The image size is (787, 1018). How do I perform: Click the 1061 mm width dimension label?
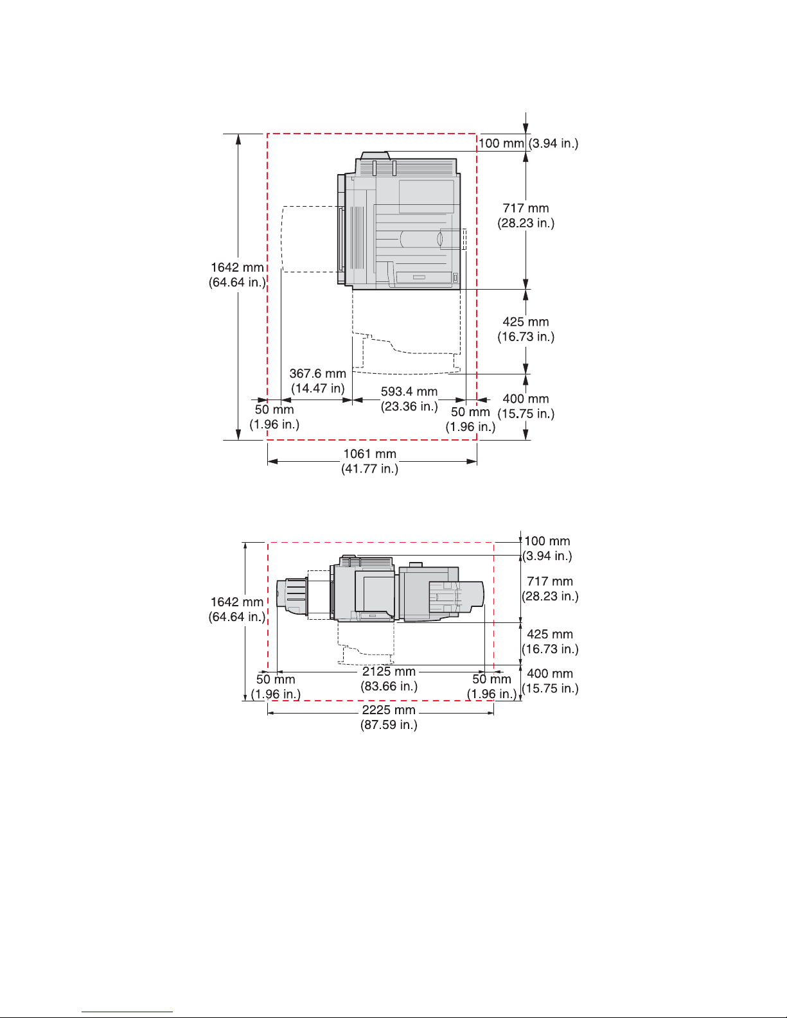pyautogui.click(x=369, y=454)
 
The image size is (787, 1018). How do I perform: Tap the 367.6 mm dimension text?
pyautogui.click(x=317, y=373)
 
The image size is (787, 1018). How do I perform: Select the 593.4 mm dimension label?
pyautogui.click(x=409, y=391)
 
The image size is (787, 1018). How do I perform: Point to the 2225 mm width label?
pyautogui.click(x=389, y=710)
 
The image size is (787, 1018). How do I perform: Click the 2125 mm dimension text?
pyautogui.click(x=389, y=671)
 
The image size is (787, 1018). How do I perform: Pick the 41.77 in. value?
pyautogui.click(x=369, y=468)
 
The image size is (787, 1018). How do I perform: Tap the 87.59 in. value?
pyautogui.click(x=389, y=724)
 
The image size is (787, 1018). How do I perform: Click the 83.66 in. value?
pyautogui.click(x=389, y=687)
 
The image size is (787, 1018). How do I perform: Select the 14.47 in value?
pyautogui.click(x=317, y=389)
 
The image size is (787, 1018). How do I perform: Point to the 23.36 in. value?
pyautogui.click(x=409, y=406)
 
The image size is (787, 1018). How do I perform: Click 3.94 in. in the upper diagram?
pyautogui.click(x=553, y=143)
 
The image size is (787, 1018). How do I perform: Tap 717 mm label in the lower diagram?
pyautogui.click(x=550, y=581)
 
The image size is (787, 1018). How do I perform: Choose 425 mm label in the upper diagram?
pyautogui.click(x=526, y=322)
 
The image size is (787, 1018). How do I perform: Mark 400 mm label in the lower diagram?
pyautogui.click(x=550, y=674)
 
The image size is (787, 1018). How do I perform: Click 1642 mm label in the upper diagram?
pyautogui.click(x=237, y=267)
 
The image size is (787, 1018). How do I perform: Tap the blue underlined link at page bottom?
pyautogui.click(x=127, y=1011)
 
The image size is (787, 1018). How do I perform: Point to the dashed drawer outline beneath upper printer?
pyautogui.click(x=406, y=332)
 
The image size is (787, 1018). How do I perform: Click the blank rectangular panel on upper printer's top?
pyautogui.click(x=427, y=197)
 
